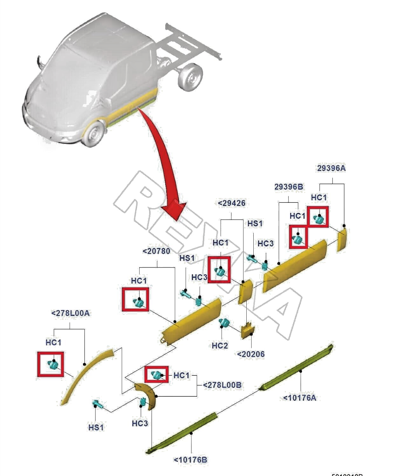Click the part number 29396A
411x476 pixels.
pos(331,168)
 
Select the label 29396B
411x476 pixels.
pos(288,187)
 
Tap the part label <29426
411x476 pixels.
pos(231,203)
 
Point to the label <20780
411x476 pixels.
pos(156,251)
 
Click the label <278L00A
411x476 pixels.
pos(70,313)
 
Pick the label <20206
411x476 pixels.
pos(251,354)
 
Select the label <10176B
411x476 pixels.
pos(190,459)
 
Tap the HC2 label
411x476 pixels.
pos(220,345)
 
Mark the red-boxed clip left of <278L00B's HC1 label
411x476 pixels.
pos(156,375)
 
